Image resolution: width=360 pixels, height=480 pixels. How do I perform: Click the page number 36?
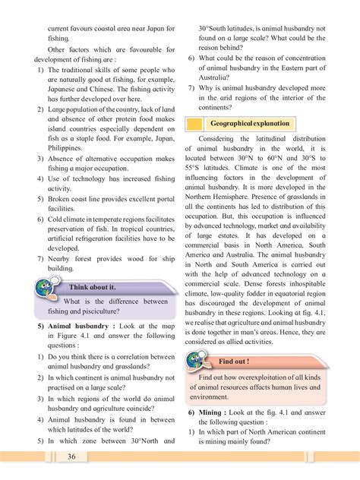click(71, 456)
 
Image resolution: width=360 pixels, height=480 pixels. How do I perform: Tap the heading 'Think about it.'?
click(93, 288)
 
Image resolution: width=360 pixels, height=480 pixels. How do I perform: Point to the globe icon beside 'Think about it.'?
click(47, 291)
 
